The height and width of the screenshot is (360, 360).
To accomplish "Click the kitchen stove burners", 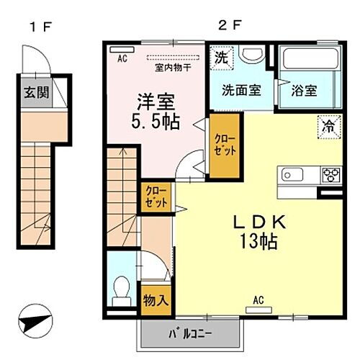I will tap(331, 174).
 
